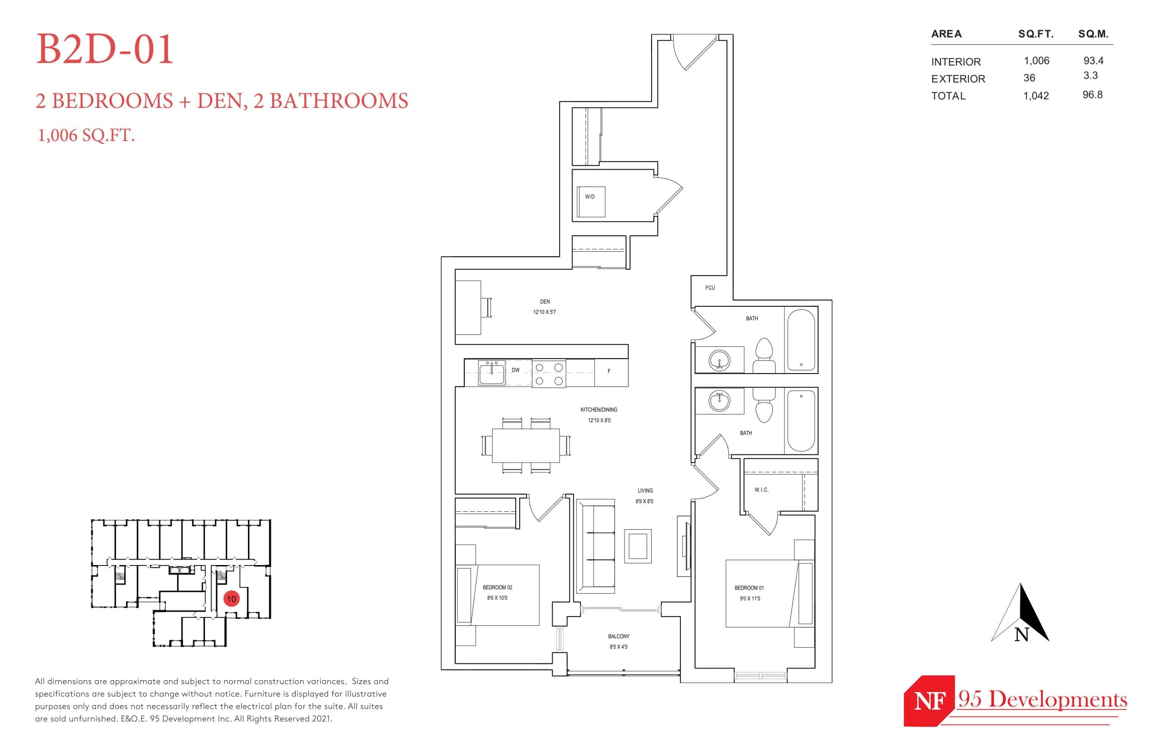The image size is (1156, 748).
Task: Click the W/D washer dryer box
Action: coord(590,201)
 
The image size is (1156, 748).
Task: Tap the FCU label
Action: coord(710,288)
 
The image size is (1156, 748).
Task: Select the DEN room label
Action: coord(545,302)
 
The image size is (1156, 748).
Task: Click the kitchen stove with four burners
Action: coord(549,374)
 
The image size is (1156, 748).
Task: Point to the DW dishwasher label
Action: coord(516,370)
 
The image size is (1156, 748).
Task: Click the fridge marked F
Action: coord(610,372)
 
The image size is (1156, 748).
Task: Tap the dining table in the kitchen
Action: coord(526,445)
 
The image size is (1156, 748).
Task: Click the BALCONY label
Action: coord(619,636)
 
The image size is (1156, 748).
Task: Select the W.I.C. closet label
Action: coord(761,490)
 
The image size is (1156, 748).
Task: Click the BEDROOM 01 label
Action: coord(749,588)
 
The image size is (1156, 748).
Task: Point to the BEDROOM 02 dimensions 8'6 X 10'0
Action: coord(497,598)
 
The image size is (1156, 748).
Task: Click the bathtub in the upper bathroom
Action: coord(801,340)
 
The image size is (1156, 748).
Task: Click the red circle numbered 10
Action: coord(231,599)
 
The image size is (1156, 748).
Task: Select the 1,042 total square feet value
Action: coord(1036,96)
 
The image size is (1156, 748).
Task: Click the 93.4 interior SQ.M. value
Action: coord(1093,61)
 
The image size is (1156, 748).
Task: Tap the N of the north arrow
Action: coord(1021,634)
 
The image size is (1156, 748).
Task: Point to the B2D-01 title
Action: coord(105,49)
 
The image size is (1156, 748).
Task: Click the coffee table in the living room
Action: coord(638,547)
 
